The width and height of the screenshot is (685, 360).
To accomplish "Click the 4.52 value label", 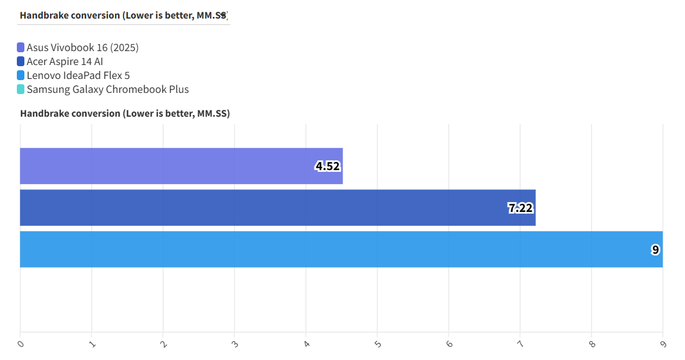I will pos(327,167).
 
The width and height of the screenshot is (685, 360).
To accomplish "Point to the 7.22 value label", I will pos(521,208).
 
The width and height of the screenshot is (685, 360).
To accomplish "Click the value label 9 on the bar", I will pos(655,250).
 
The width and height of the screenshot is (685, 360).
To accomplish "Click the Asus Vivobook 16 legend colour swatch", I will pos(21,48).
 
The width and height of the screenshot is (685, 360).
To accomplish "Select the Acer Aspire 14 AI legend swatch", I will pos(21,62).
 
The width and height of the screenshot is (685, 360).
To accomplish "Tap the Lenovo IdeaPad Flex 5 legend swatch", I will pos(21,75).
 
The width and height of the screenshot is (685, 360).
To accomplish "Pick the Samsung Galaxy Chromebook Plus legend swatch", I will pos(21,89).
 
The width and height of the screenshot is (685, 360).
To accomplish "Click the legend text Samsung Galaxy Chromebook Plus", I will pos(108,89).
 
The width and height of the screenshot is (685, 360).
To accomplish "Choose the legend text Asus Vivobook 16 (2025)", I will pos(82,48).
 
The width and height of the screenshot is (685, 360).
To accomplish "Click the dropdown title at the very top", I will pos(123,16).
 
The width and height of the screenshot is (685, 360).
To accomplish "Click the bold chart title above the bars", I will pos(125,114).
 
